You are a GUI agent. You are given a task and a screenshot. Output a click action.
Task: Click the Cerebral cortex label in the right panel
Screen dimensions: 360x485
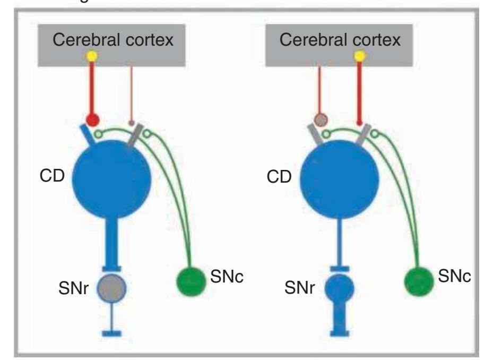pos(340,40)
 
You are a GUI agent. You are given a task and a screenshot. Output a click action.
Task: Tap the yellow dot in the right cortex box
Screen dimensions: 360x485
pos(360,55)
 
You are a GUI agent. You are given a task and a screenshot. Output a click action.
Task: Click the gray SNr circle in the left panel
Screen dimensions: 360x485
pos(111,288)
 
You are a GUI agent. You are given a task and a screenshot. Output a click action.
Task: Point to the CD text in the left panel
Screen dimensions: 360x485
pos(52,176)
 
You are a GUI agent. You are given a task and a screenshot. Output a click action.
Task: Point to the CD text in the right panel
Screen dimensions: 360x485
pos(280,176)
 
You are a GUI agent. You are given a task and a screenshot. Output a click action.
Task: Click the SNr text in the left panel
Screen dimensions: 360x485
pos(74,289)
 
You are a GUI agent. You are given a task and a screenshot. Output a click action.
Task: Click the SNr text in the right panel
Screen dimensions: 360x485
pos(300,289)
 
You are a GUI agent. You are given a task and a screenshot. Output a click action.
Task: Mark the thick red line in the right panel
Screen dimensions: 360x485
pos(360,90)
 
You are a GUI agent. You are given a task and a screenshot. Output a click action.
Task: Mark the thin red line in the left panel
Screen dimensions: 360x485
pos(131,90)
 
